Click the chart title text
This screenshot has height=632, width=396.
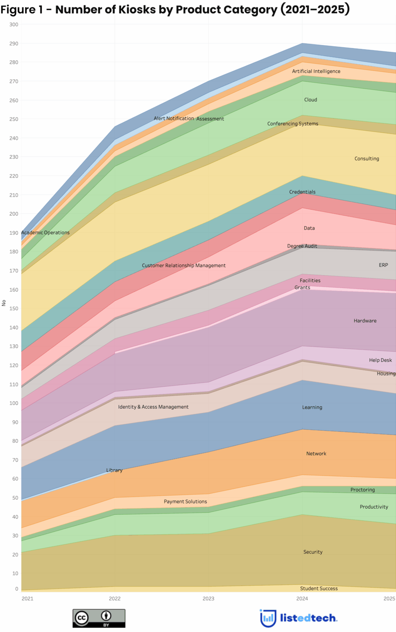175,9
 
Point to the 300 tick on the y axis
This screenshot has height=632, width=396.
14,24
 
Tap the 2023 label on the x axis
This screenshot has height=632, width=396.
208,598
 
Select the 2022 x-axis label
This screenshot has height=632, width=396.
114,598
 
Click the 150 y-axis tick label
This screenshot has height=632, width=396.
14,308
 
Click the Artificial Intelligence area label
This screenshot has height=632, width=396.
316,71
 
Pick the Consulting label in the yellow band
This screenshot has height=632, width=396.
367,158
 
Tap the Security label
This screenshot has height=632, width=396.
313,552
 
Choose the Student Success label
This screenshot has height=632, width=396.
319,589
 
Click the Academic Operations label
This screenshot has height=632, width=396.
45,233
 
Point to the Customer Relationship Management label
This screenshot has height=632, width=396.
183,265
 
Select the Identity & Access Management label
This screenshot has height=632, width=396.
153,407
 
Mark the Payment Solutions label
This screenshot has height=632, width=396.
185,501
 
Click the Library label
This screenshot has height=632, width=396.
114,470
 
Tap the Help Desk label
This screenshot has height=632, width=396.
380,360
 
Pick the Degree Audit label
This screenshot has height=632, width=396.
302,246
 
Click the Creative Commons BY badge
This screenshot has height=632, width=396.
99,618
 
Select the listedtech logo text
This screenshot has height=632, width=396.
308,618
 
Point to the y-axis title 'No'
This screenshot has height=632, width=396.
4,303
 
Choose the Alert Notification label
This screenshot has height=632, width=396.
174,118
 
